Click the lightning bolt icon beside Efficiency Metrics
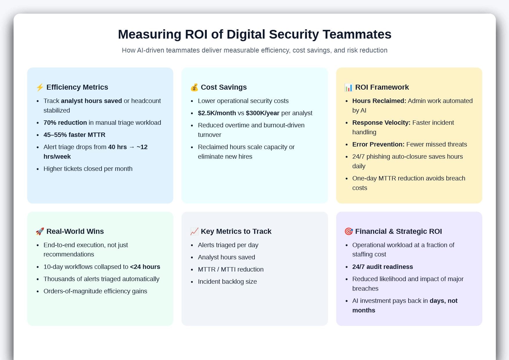(x=40, y=87)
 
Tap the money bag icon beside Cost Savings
(x=194, y=87)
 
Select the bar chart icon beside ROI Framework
(x=348, y=87)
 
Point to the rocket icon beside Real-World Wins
(x=40, y=231)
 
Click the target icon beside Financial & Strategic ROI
(x=348, y=231)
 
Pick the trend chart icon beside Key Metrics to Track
(x=194, y=231)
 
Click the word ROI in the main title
(x=196, y=34)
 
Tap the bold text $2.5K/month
(x=217, y=113)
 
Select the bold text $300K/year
(x=262, y=113)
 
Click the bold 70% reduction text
(x=65, y=123)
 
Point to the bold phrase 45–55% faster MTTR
(x=74, y=135)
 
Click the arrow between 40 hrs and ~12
(x=132, y=147)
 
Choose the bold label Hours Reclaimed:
(x=379, y=101)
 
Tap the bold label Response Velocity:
(x=381, y=123)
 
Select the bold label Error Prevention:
(x=378, y=144)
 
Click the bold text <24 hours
(x=145, y=267)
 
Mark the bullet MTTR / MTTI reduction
(x=231, y=269)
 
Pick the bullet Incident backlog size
(x=227, y=282)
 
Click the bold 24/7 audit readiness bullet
(x=382, y=267)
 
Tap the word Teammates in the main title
(x=357, y=34)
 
